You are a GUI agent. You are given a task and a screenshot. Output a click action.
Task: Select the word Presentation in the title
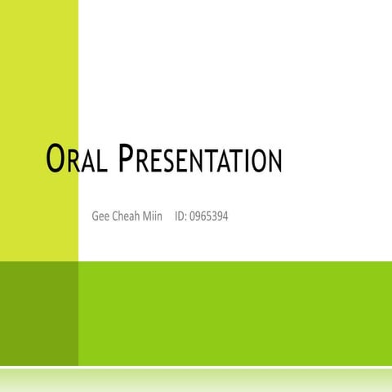tap(200, 160)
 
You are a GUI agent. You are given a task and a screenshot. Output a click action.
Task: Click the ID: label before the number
tap(180, 216)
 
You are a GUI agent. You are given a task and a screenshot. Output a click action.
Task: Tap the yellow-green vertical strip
tap(39, 122)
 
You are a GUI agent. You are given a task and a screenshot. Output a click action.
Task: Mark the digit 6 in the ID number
tap(202, 216)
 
